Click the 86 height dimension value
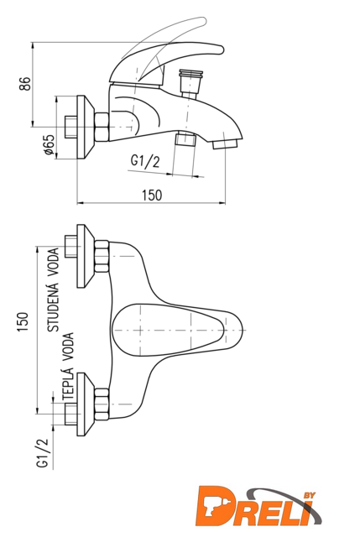25,84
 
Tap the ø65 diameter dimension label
49,144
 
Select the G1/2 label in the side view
145,161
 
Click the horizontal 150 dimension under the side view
152,196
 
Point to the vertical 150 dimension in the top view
23,321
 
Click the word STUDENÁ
53,306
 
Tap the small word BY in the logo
309,496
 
